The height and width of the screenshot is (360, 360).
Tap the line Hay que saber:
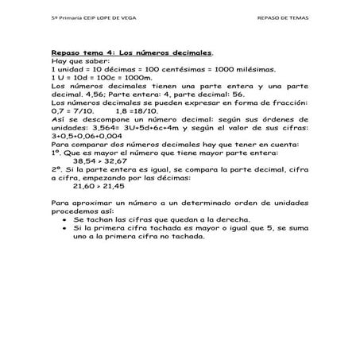pyautogui.click(x=75, y=62)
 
